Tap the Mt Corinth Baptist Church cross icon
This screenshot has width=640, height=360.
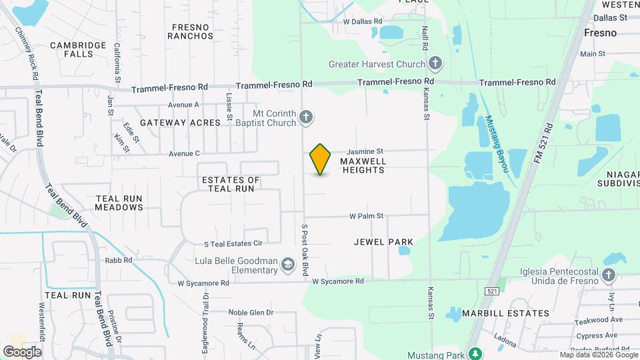click(x=306, y=118)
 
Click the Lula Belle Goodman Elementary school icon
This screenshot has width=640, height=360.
click(x=288, y=265)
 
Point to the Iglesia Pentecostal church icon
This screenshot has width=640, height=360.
click(x=608, y=276)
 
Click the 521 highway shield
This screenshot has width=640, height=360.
click(x=491, y=291)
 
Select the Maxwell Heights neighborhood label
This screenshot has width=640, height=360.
click(x=363, y=165)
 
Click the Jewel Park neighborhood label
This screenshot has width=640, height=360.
click(x=383, y=242)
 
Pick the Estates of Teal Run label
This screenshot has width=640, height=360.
click(x=231, y=184)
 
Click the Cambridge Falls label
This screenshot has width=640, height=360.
click(x=78, y=49)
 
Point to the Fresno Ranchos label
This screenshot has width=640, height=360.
click(x=191, y=31)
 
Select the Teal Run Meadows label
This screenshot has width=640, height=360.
click(x=119, y=203)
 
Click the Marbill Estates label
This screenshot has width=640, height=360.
click(x=518, y=313)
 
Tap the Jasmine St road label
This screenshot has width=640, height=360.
click(x=365, y=152)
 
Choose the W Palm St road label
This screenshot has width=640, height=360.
click(x=367, y=216)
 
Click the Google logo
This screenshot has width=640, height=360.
click(x=22, y=351)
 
